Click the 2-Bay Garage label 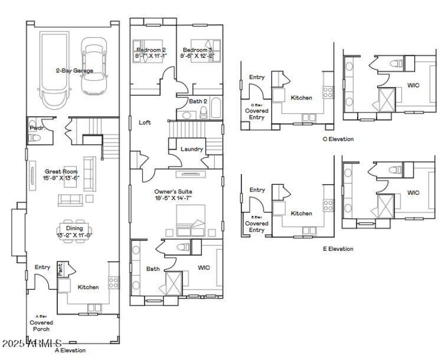click(74, 71)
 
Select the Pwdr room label click(36, 128)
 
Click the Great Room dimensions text click(62, 178)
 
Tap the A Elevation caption click(70, 351)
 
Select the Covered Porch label click(41, 326)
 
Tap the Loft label click(145, 122)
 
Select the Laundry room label click(191, 149)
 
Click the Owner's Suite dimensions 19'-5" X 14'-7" click(174, 198)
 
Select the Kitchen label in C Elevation click(301, 97)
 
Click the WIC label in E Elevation click(413, 193)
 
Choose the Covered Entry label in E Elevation click(256, 226)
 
